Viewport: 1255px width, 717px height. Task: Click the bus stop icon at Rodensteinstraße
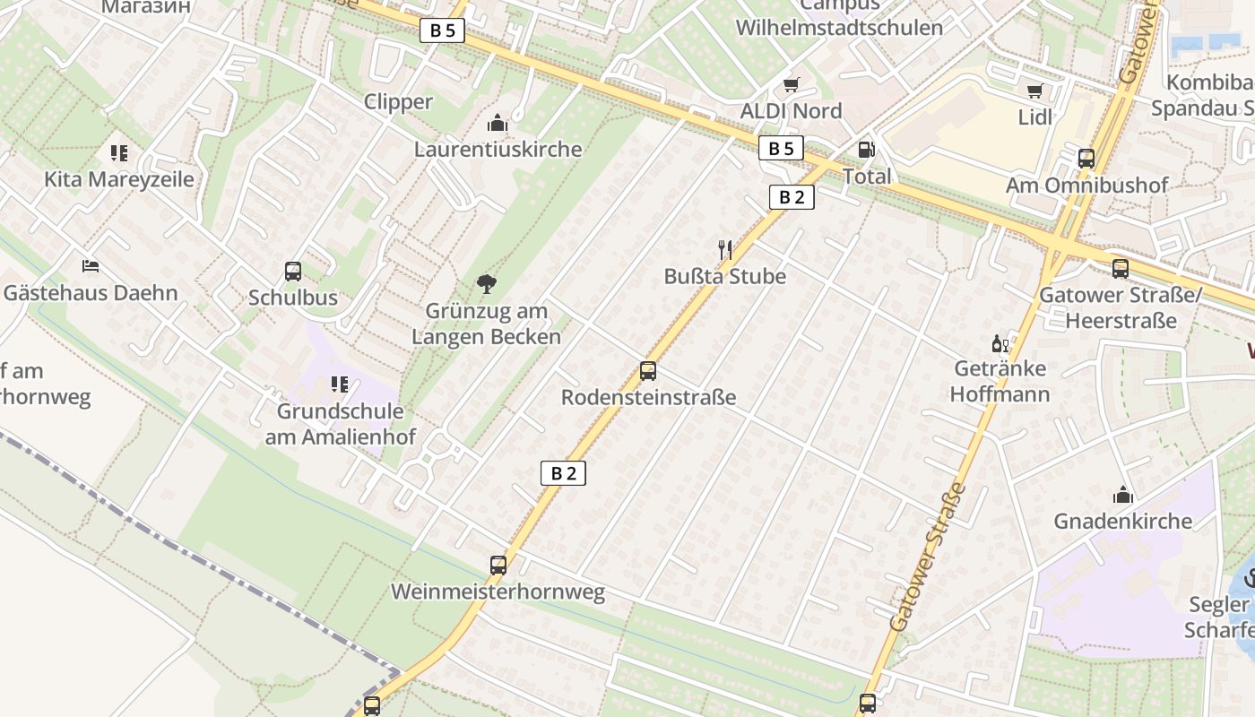click(x=648, y=370)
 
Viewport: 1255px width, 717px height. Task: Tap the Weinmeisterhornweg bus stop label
click(x=498, y=592)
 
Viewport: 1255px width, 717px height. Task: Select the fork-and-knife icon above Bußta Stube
click(x=725, y=249)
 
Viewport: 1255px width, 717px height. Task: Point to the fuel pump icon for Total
click(x=866, y=150)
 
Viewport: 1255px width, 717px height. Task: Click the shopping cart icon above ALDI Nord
click(x=791, y=84)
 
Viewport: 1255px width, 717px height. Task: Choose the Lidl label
click(x=1035, y=117)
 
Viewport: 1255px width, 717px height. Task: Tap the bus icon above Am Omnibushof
click(x=1086, y=159)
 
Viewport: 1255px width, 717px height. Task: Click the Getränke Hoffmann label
click(x=1000, y=381)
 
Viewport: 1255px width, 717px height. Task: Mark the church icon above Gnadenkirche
click(x=1122, y=495)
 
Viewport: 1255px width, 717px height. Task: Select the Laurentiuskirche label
click(x=498, y=149)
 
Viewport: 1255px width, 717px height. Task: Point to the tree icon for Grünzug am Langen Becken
click(x=487, y=284)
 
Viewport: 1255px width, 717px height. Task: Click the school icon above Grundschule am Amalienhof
click(x=340, y=384)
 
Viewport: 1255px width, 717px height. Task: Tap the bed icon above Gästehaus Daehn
click(x=91, y=266)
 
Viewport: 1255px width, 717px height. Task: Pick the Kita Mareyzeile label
click(x=119, y=179)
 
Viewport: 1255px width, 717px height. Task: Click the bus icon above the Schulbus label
click(x=293, y=271)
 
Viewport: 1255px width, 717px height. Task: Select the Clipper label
click(x=398, y=102)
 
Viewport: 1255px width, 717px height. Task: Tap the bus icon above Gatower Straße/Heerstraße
click(x=1120, y=268)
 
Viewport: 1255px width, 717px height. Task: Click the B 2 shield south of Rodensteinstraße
click(x=563, y=473)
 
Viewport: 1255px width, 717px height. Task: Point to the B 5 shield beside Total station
click(x=781, y=149)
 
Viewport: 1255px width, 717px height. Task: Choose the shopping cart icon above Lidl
click(x=1035, y=91)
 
